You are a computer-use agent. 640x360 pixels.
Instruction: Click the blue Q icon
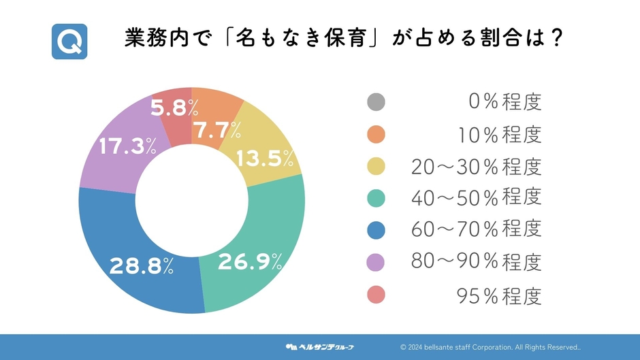pos(69,41)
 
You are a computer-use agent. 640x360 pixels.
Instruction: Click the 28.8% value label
pos(142,265)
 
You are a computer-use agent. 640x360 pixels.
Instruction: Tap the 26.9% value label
pos(250,261)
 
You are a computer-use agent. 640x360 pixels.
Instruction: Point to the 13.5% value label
pos(266,159)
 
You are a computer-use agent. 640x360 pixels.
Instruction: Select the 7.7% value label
pos(217,131)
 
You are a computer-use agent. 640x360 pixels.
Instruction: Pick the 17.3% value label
pos(127,146)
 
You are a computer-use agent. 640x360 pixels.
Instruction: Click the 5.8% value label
pos(174,108)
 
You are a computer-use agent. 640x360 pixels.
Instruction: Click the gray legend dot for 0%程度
pos(376,102)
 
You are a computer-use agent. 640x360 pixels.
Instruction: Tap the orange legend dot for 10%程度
pos(376,134)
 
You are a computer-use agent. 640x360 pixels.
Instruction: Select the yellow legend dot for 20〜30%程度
pos(376,166)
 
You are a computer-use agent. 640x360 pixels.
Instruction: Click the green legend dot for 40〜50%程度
pos(376,198)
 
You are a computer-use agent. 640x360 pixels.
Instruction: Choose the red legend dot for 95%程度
pos(376,295)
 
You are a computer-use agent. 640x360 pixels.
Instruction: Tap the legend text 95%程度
pos(498,295)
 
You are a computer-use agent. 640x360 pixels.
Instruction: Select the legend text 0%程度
pos(505,103)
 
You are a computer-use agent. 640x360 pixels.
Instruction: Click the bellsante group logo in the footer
pos(320,347)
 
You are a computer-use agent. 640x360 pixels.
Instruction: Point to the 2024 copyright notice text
pos(490,347)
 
